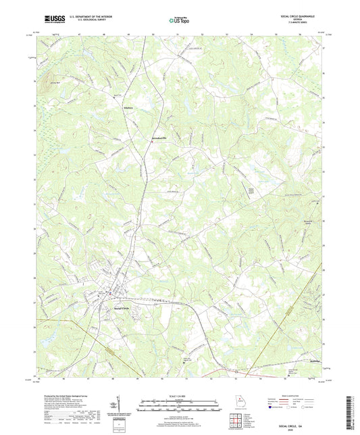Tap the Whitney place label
click(x=128, y=107)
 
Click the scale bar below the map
click(x=179, y=405)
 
